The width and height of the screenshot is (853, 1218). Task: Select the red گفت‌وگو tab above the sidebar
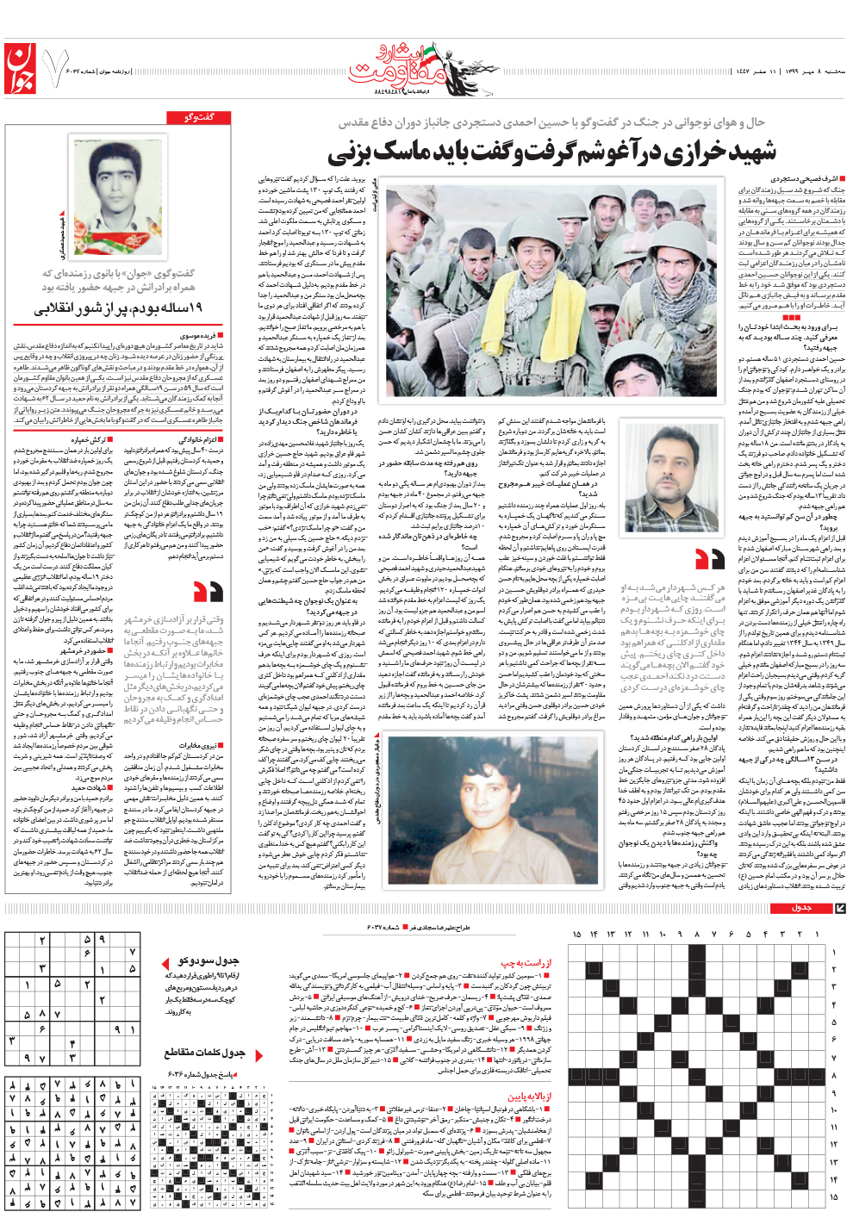pos(200,117)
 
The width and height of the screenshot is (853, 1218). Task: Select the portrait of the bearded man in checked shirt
pos(671,479)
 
